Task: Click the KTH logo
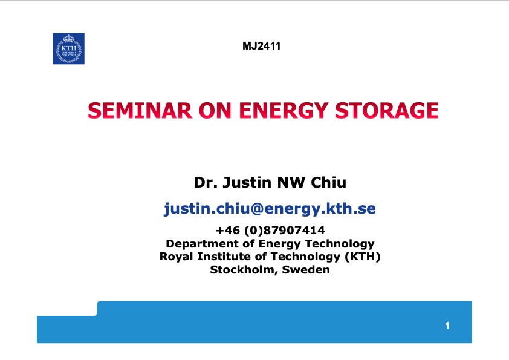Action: (69, 48)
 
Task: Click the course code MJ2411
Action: (261, 45)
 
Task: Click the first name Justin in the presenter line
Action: (245, 182)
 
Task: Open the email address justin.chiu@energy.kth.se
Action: (270, 209)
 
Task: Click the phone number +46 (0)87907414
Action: (270, 231)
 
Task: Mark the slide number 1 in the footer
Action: (447, 327)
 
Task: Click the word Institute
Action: (224, 257)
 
